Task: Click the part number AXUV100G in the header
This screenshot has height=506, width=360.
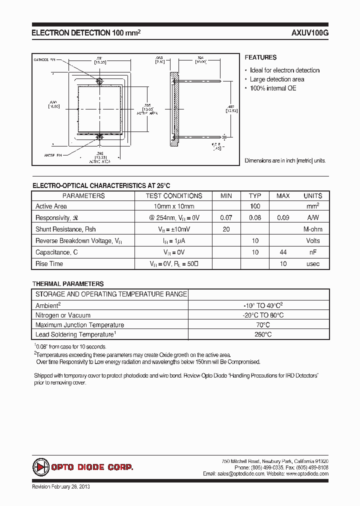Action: pos(309,32)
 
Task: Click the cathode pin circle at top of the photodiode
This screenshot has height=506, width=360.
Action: pos(99,81)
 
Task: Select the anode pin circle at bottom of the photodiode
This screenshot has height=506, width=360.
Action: pos(99,135)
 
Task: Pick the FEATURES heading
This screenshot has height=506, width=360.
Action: pos(260,57)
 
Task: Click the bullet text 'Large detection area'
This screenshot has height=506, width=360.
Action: pos(277,79)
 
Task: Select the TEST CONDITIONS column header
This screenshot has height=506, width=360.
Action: pos(173,196)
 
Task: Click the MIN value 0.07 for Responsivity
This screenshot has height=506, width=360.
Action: pos(226,218)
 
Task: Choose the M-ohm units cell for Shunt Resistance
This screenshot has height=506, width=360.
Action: pos(312,229)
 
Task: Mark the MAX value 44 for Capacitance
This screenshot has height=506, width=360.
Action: pos(283,252)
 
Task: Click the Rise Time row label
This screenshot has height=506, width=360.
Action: pos(49,264)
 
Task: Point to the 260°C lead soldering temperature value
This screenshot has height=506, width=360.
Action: pos(259,334)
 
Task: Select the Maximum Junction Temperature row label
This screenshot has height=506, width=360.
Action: pos(79,325)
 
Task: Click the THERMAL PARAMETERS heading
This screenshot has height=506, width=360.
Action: pos(68,283)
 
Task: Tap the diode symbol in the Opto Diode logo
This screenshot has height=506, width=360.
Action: pos(40,467)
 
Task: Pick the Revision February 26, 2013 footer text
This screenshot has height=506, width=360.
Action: pos(61,486)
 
